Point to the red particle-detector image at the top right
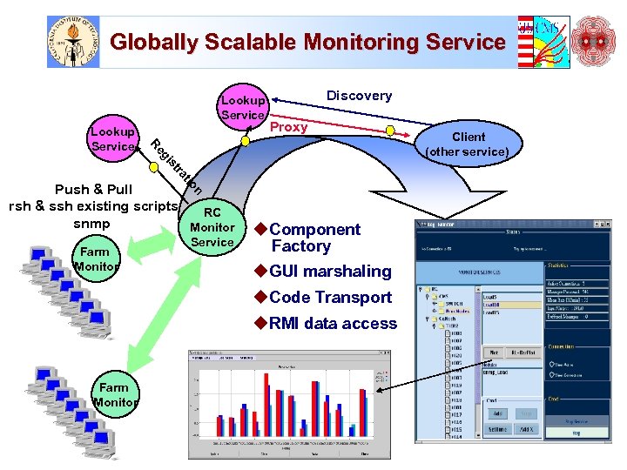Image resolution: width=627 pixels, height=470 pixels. point(598,41)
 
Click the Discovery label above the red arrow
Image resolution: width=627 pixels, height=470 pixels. point(359,96)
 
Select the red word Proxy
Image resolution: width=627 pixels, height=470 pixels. point(288,127)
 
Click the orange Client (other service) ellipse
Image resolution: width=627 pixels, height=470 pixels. point(468,144)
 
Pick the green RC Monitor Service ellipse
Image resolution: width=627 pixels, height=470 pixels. point(212,227)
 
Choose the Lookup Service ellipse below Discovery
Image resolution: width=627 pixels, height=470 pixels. point(243,107)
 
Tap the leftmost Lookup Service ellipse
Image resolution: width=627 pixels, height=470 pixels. point(112,139)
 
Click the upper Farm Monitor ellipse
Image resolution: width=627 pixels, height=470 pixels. point(97,259)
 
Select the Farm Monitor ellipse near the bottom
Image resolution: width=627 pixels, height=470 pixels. point(114,395)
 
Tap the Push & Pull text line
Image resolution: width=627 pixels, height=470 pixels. point(93,189)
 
